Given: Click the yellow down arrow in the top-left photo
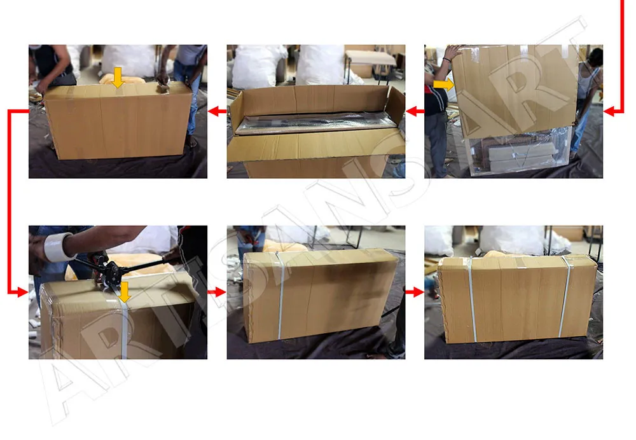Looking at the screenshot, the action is (118, 78).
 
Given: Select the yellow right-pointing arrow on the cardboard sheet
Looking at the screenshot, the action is (443, 85).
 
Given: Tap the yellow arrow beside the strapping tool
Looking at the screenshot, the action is (124, 292).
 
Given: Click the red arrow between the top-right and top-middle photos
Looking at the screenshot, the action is (415, 111).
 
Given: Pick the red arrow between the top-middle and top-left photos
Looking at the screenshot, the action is (217, 111).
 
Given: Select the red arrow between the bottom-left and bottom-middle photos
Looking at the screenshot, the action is (217, 292).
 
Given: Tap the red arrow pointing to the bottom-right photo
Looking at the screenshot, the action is (415, 292).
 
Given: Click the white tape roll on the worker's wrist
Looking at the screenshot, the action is (58, 247).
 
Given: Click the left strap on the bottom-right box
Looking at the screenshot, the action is (472, 299).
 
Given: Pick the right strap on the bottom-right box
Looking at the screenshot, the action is (564, 296).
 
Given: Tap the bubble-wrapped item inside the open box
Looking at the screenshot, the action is (315, 121).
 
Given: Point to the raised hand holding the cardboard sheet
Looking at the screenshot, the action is (453, 53).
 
